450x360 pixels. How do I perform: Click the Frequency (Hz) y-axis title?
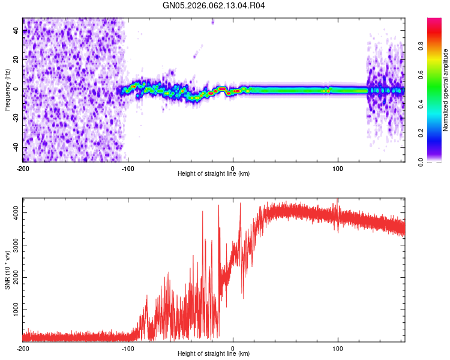click(x=7, y=90)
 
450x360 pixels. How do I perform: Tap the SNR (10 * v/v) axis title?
click(x=7, y=270)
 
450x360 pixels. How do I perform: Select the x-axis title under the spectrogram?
click(x=214, y=173)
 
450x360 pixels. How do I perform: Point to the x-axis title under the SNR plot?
click(x=214, y=353)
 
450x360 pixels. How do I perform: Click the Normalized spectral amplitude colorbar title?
click(x=446, y=90)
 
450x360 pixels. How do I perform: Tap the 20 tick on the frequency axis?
click(x=16, y=59)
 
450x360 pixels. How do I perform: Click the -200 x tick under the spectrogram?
click(x=23, y=168)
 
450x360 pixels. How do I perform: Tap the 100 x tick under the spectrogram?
click(x=338, y=168)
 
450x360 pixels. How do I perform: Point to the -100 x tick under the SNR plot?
click(x=128, y=348)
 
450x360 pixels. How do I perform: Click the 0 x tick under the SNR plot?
click(x=233, y=348)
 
